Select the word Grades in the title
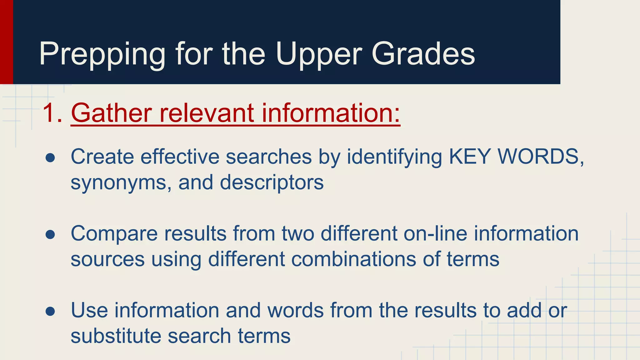tap(423, 54)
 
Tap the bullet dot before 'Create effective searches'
tap(50, 158)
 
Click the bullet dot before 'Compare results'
tap(50, 235)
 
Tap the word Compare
tap(114, 234)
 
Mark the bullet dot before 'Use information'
tap(50, 312)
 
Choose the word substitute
tap(116, 336)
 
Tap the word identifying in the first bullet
tap(394, 157)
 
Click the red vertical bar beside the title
tap(6, 42)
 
